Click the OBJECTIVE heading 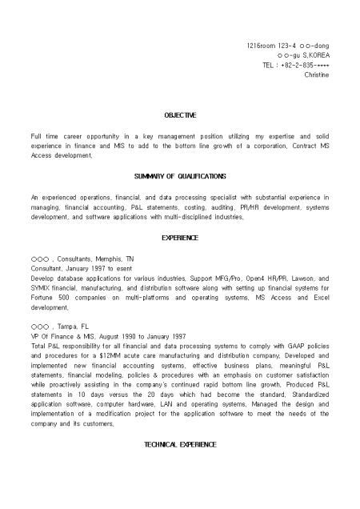[180, 116]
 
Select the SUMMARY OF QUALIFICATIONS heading [180, 176]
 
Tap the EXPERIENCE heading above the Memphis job [180, 238]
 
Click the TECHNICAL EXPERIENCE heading [180, 443]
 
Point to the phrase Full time [44, 136]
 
